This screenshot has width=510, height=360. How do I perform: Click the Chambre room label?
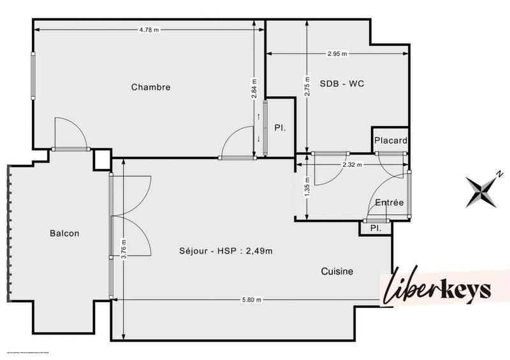(x=151, y=87)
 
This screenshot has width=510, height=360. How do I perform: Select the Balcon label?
(x=64, y=233)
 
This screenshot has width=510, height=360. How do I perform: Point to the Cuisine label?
(x=337, y=271)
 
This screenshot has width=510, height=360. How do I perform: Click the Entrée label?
(x=389, y=203)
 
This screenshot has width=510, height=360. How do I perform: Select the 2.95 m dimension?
(x=337, y=54)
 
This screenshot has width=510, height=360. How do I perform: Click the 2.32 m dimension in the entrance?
(x=352, y=164)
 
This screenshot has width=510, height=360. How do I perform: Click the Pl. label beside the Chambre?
(x=280, y=128)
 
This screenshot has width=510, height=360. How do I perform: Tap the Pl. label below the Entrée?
(x=375, y=227)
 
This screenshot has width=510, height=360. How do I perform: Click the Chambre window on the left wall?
(x=33, y=75)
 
